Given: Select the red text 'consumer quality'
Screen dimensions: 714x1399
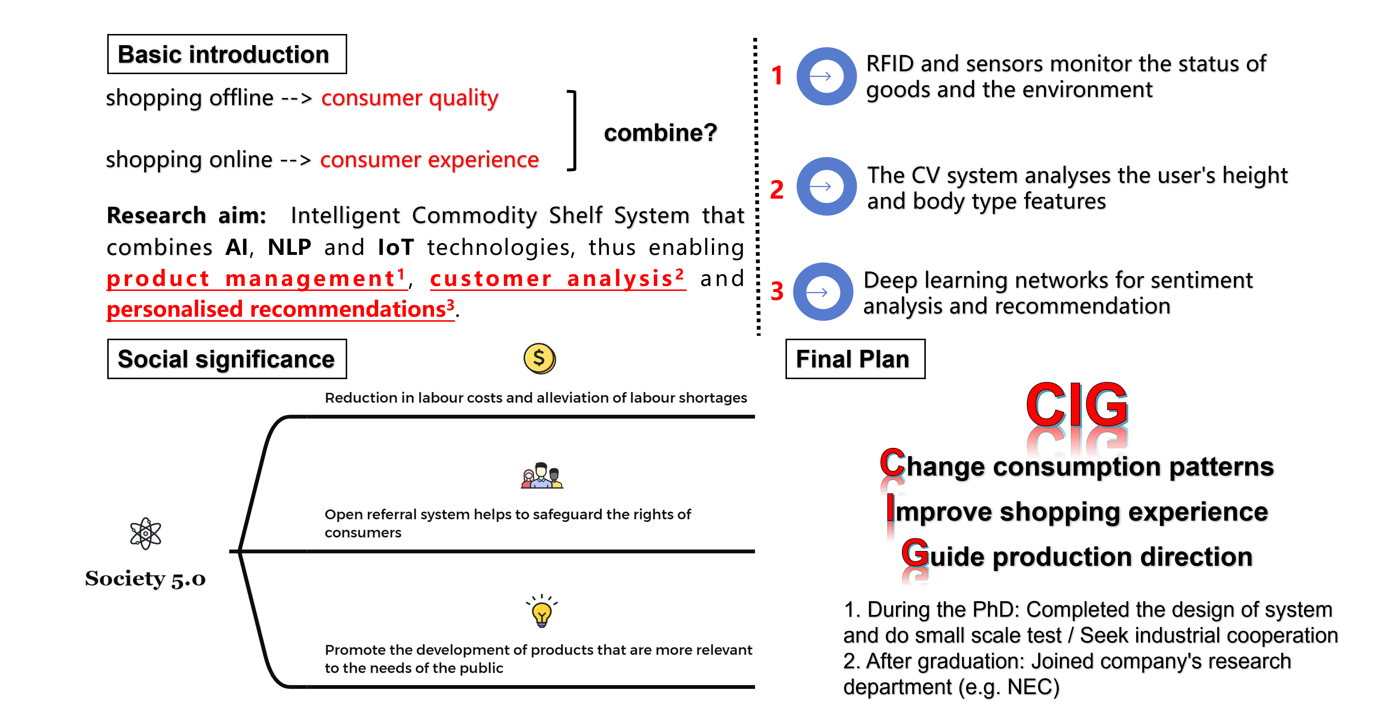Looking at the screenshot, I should point(410,98).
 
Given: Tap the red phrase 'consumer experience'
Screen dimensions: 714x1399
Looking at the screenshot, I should point(429,160).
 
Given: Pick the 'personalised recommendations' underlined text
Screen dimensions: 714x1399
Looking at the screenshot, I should point(280,309).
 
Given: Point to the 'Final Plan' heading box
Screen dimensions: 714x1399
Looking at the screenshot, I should point(855,359).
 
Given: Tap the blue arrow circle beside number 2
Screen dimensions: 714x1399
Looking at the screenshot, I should point(826,186).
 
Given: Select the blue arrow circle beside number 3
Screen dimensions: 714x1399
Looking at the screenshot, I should point(823,292).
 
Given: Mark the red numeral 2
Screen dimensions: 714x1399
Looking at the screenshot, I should point(777,190).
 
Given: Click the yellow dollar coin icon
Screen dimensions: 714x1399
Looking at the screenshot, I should point(539,358).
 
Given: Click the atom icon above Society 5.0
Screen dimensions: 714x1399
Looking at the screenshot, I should point(145,533).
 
